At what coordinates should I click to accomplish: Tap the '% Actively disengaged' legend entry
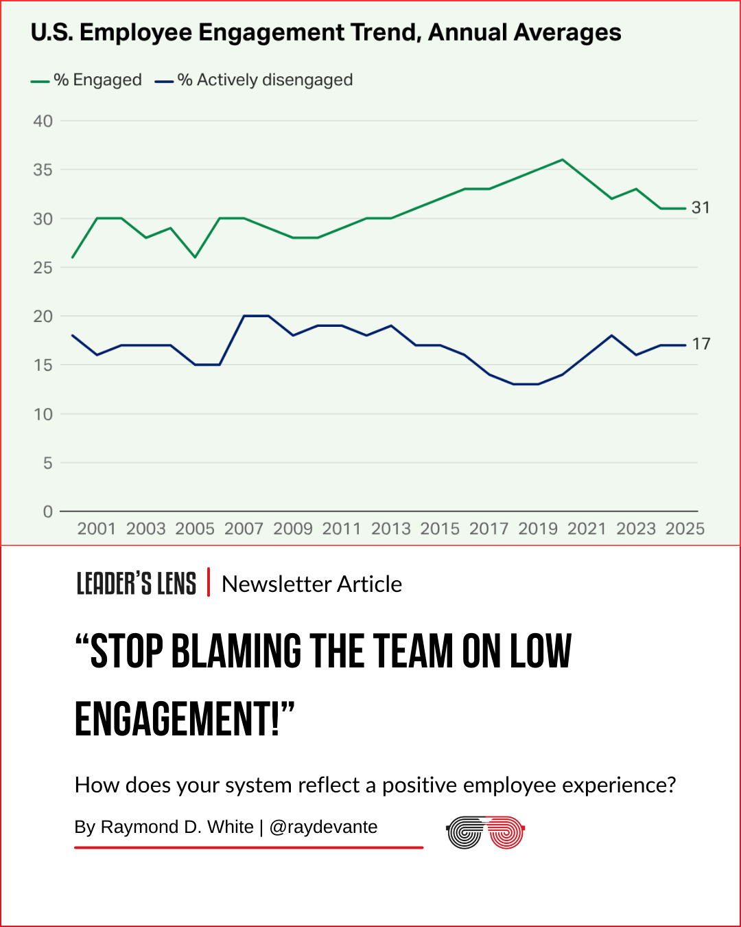[254, 80]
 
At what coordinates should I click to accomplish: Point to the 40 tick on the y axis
[43, 122]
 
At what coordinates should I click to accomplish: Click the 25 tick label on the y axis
[43, 268]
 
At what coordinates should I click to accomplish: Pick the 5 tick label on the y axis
[47, 463]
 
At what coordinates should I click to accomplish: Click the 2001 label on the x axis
[97, 529]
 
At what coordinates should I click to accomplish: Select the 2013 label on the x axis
[390, 529]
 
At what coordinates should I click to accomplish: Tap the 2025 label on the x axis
[685, 529]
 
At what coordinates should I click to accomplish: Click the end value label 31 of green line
[701, 207]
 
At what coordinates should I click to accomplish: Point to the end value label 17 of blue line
[701, 344]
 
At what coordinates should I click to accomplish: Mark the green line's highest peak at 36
[563, 159]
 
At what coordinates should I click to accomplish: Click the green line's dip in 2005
[195, 257]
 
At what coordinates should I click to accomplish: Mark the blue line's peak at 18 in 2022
[611, 335]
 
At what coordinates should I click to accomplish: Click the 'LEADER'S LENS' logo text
[136, 584]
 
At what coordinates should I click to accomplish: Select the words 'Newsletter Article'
[311, 584]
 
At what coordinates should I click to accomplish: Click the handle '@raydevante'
[323, 827]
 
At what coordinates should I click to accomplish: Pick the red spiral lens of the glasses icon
[506, 833]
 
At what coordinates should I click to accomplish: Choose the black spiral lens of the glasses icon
[464, 833]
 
